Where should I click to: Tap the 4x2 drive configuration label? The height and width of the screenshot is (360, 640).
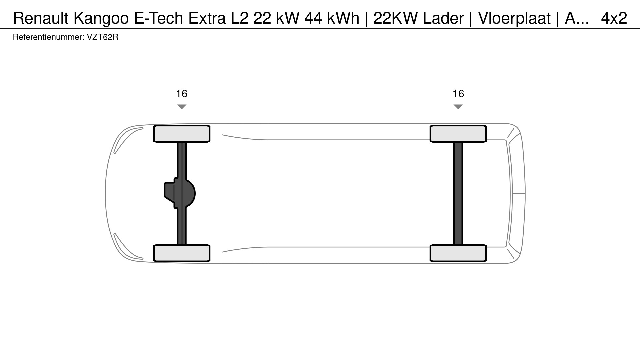(614, 18)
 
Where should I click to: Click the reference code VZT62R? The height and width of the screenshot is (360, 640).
(103, 37)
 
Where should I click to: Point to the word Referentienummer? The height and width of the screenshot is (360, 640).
(48, 37)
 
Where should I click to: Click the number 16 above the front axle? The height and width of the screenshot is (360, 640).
(182, 94)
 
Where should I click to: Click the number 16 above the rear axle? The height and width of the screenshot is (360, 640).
(458, 94)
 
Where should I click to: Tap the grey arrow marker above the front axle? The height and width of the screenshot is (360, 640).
(182, 106)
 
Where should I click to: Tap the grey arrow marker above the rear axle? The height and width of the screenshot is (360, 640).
(458, 106)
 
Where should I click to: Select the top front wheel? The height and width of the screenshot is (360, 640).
(182, 134)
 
